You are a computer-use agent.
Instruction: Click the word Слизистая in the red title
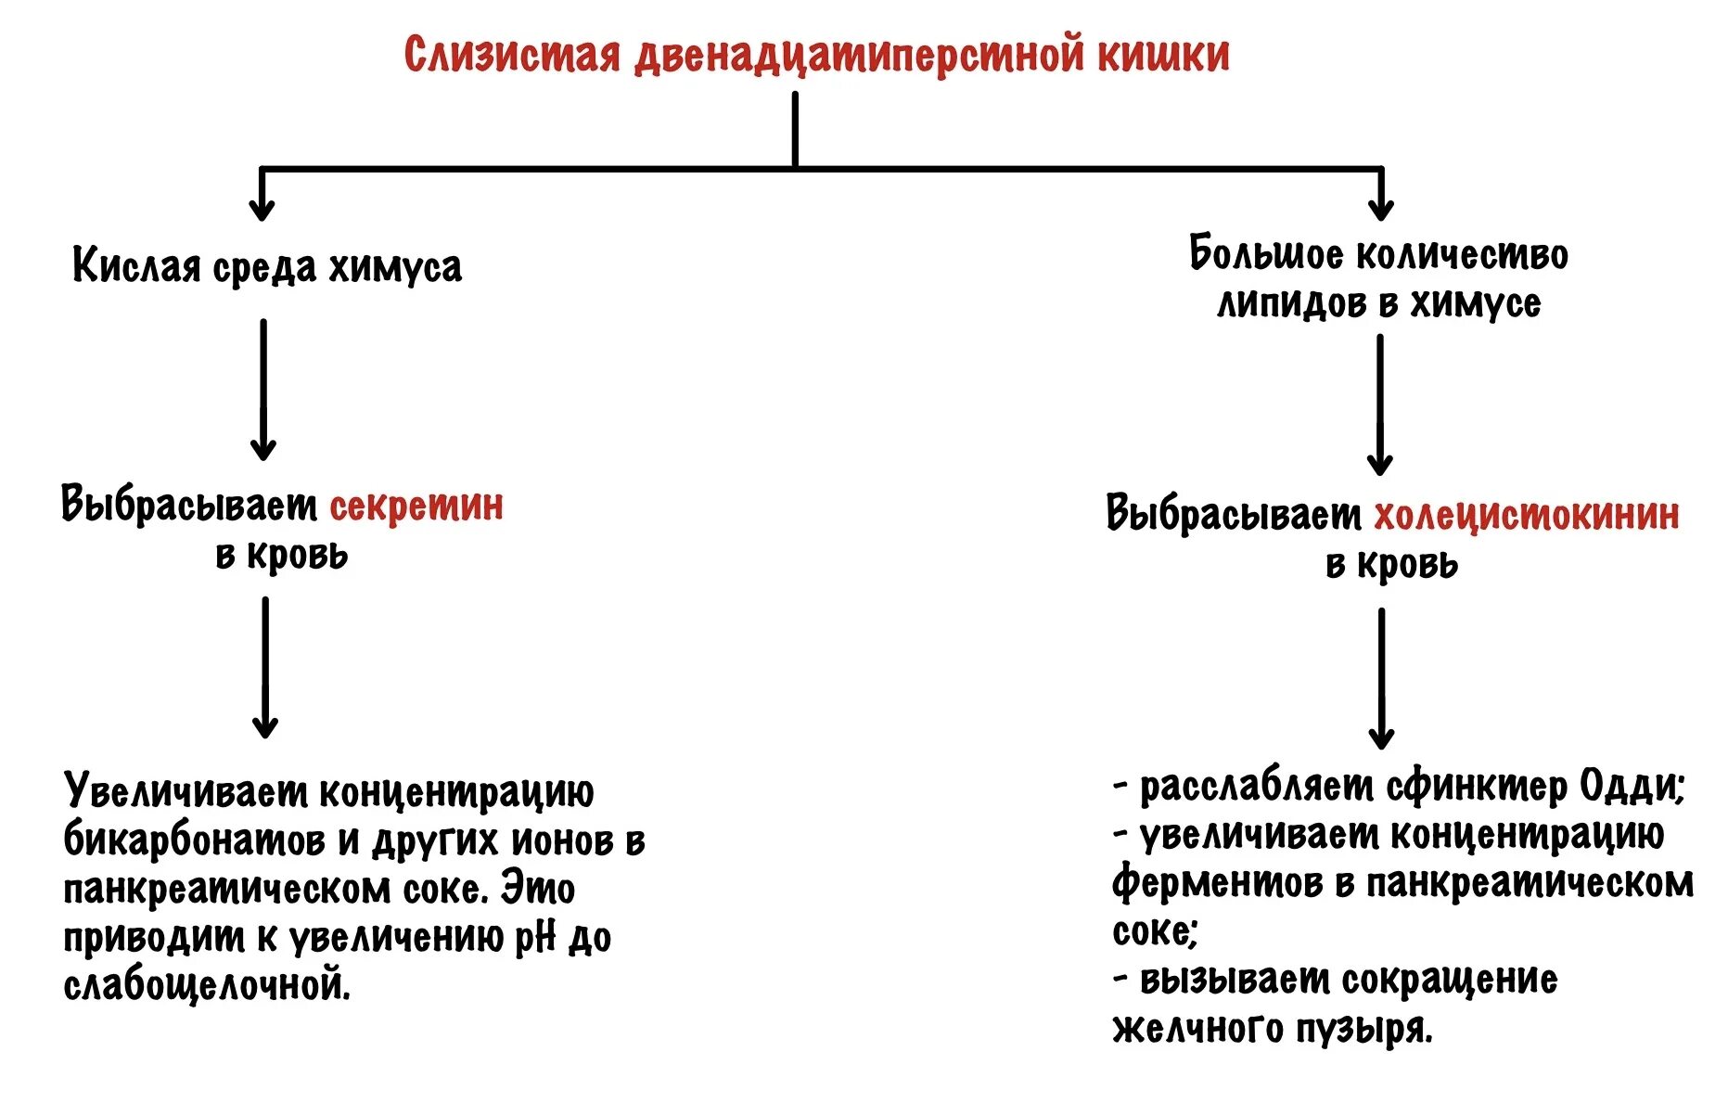click(511, 54)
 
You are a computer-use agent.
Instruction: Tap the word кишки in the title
click(1163, 54)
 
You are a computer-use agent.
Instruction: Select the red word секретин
click(416, 507)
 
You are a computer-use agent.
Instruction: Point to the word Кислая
click(136, 267)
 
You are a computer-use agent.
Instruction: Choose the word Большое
click(1265, 254)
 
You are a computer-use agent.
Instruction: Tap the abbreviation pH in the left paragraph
click(534, 938)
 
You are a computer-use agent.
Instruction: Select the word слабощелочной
click(207, 985)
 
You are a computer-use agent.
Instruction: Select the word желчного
click(1190, 1028)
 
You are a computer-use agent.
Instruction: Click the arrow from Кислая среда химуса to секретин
click(263, 390)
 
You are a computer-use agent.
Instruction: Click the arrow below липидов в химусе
click(1380, 404)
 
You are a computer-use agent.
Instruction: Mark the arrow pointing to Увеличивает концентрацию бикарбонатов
click(265, 667)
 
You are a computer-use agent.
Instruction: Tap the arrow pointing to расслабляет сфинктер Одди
click(1381, 678)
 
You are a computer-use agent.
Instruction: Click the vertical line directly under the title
click(795, 130)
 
